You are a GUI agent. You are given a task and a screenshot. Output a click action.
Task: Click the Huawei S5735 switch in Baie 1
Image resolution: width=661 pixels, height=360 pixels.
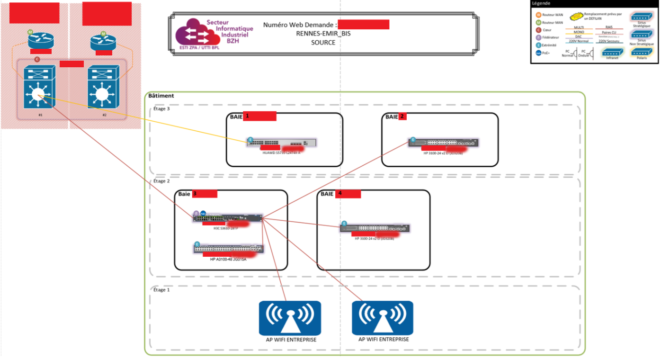[x=282, y=143]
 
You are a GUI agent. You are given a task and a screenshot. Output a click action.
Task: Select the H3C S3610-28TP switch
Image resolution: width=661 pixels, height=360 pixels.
[x=228, y=217]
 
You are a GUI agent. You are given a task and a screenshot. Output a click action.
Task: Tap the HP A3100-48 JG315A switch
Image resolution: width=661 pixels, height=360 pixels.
[x=229, y=248]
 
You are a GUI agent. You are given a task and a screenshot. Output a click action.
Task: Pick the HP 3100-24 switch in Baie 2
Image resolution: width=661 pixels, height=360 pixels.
[x=444, y=142]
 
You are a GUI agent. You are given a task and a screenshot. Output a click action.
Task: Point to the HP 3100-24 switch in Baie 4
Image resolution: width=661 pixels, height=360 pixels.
[x=375, y=228]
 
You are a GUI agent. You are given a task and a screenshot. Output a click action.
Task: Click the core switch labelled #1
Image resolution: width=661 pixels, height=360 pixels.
[x=39, y=93]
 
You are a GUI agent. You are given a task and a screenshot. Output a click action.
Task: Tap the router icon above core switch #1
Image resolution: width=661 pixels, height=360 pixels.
[x=41, y=40]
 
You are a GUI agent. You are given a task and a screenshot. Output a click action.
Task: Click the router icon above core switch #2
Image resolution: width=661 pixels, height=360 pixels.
[x=103, y=40]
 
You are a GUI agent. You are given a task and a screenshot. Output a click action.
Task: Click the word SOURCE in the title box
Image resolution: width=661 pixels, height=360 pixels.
[x=323, y=43]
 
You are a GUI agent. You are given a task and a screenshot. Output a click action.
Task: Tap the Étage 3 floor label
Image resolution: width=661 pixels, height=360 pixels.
[x=162, y=108]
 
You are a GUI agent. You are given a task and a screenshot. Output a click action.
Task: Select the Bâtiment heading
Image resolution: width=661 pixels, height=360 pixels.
[x=161, y=96]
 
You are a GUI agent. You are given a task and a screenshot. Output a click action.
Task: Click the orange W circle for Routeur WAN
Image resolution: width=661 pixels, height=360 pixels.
[x=538, y=15]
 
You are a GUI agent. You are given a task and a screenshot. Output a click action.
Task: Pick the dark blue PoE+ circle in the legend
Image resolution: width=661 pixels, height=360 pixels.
[x=538, y=53]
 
